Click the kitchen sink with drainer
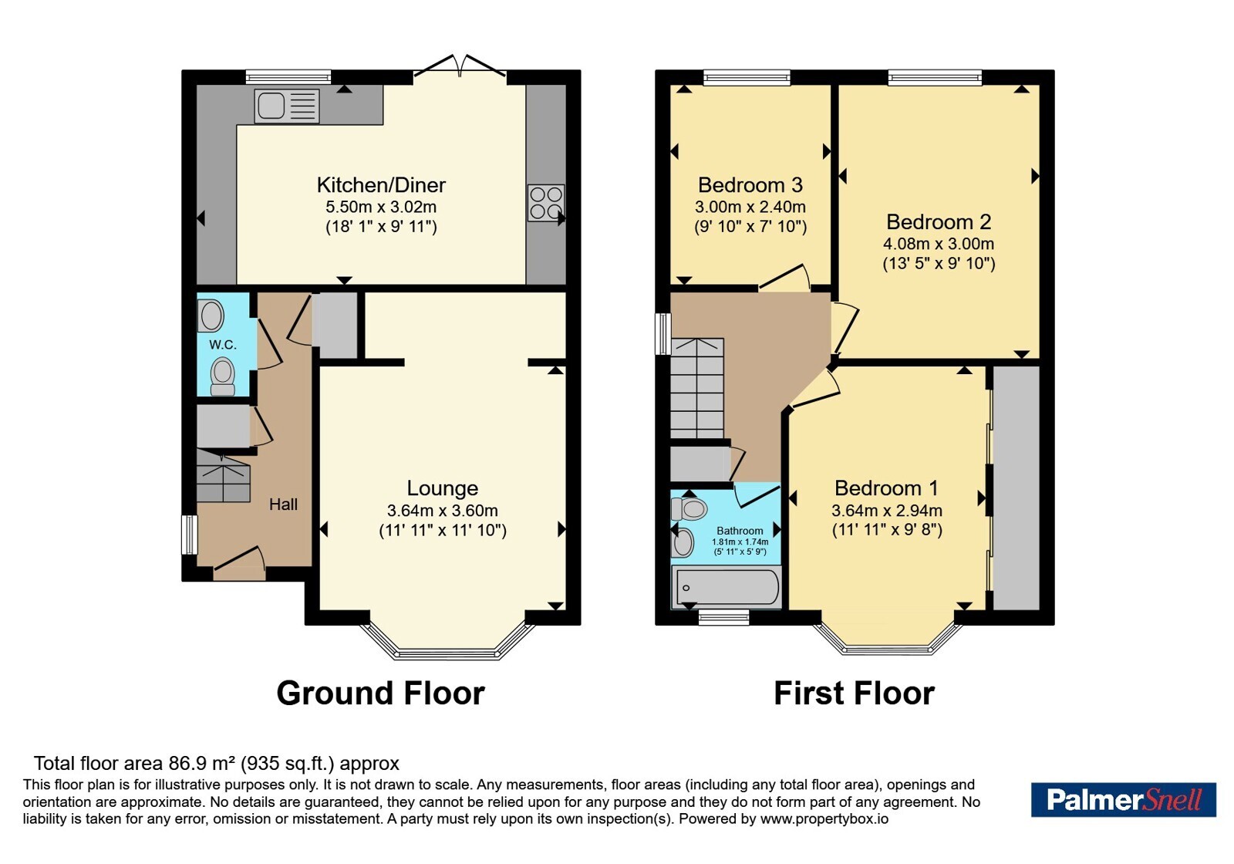point(286,106)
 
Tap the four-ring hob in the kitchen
point(546,203)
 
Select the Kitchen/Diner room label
point(381,185)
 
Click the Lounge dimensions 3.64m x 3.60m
point(443,511)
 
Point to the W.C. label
point(223,345)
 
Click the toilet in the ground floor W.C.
point(223,376)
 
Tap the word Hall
point(283,505)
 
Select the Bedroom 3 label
point(750,185)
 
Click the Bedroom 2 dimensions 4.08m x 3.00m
point(939,244)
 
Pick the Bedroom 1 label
point(886,488)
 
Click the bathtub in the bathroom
point(726,587)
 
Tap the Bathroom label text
point(740,531)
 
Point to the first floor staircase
point(697,388)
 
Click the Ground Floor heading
point(381,694)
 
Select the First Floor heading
point(854,694)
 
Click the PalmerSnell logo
point(1123,799)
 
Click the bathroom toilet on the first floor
point(689,508)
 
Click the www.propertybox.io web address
point(824,818)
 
